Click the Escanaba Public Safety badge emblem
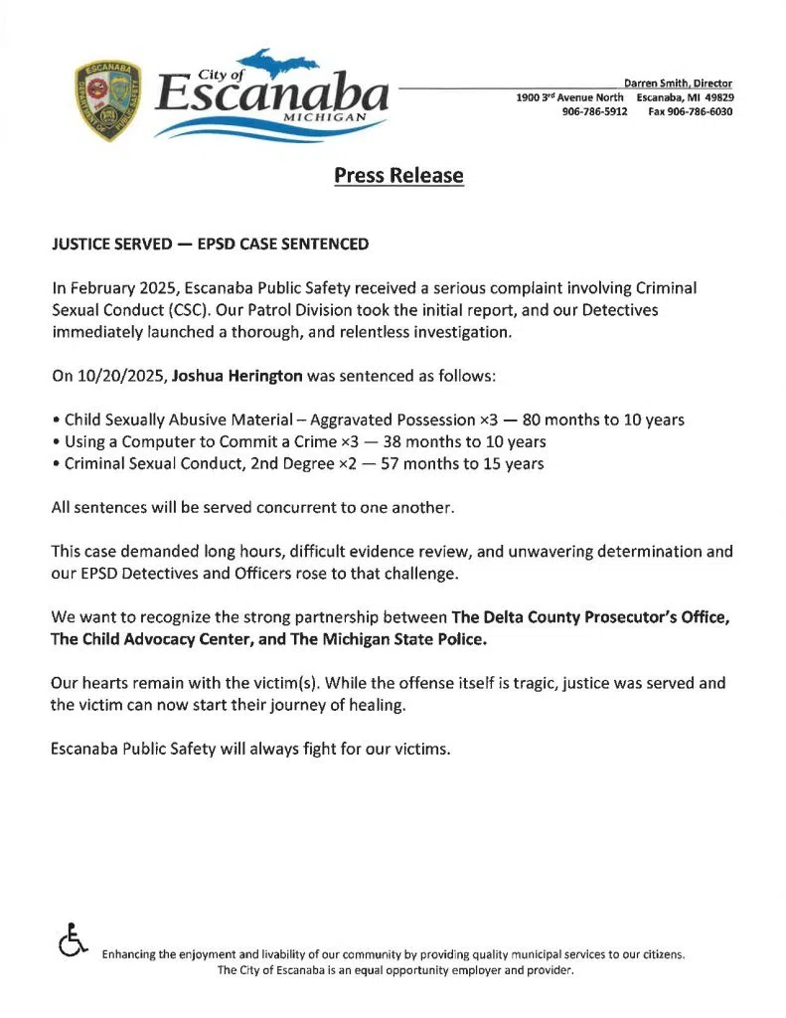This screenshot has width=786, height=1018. click(108, 100)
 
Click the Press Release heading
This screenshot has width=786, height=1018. click(398, 176)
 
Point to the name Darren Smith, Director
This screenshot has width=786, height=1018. click(678, 83)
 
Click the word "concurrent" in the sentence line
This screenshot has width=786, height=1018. click(312, 507)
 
